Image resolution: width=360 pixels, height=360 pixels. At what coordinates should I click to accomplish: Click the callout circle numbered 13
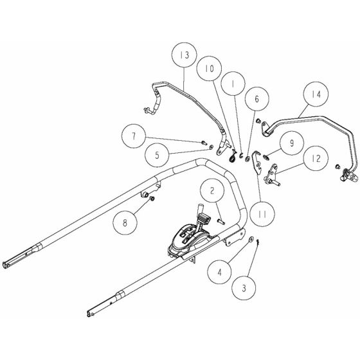185,57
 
